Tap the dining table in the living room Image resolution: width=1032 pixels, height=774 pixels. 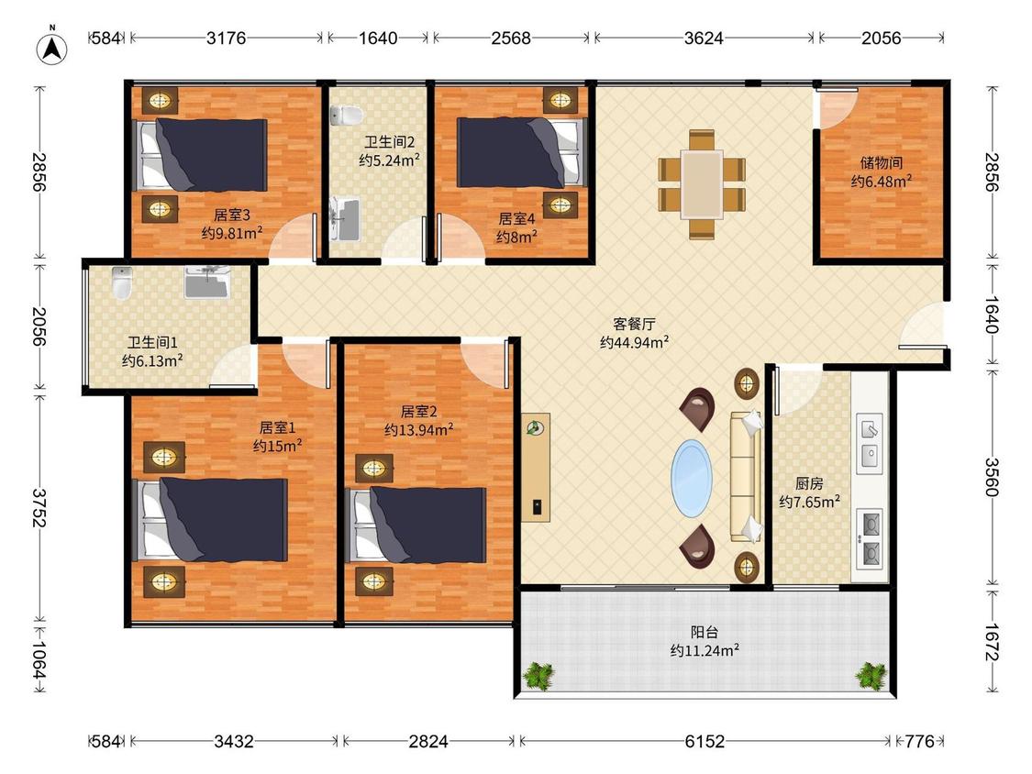coord(702,184)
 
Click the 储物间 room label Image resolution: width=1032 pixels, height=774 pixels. coord(882,162)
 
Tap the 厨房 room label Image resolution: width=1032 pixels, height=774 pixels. coord(809,484)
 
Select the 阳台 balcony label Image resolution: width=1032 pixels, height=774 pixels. coord(704,633)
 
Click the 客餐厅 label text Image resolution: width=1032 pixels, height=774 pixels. coord(634,324)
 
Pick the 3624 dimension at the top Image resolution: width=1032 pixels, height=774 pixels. coord(704,38)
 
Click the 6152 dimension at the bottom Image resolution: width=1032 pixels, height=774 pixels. coord(705,742)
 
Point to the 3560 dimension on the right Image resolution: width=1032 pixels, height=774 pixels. coord(992,477)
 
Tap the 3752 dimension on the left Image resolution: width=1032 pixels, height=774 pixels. coord(39,507)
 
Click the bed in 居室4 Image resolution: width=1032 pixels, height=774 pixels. coord(521,152)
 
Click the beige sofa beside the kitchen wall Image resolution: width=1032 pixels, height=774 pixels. coord(747,476)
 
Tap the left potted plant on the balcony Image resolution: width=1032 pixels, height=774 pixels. coord(538,675)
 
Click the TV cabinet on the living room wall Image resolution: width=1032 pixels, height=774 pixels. coord(536,468)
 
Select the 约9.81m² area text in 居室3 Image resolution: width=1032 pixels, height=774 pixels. coord(232,233)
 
